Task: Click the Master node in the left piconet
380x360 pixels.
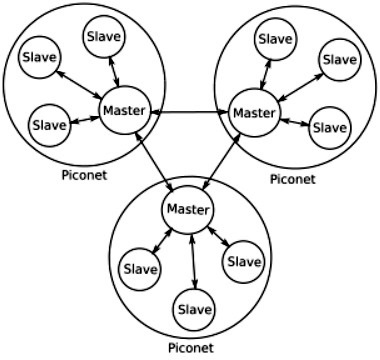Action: coord(124,110)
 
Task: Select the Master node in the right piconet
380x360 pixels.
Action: coord(253,111)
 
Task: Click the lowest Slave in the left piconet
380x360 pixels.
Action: coord(49,125)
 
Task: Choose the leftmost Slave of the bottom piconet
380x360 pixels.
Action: coord(140,269)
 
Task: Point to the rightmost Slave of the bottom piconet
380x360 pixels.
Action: coord(243,261)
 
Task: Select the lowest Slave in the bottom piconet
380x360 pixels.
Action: coord(194,309)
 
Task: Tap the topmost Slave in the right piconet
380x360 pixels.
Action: coord(275,39)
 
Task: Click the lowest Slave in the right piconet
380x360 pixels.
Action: coord(329,127)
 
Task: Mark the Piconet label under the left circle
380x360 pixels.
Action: coord(82,174)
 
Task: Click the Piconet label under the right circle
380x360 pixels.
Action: coord(292,179)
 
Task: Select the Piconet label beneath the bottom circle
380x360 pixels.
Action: coord(190,348)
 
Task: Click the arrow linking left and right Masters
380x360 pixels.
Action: coord(189,111)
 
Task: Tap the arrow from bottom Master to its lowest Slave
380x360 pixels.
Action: coord(191,259)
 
